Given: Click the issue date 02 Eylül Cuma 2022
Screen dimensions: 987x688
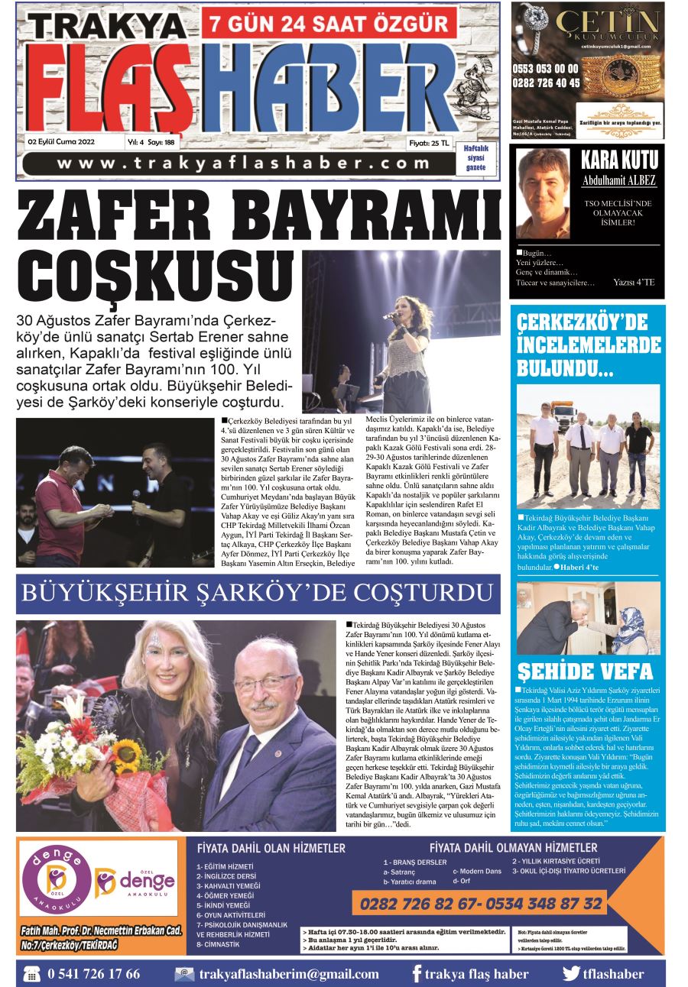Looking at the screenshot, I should tap(61, 142).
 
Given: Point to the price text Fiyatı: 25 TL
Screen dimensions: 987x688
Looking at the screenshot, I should tap(429, 142).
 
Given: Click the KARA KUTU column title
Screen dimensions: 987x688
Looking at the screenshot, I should tap(618, 160).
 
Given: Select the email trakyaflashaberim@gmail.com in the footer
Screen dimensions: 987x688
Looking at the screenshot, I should tap(288, 974).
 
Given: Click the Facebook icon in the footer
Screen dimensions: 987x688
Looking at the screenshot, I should tap(417, 974).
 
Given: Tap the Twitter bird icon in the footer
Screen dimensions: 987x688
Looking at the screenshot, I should tap(571, 974).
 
